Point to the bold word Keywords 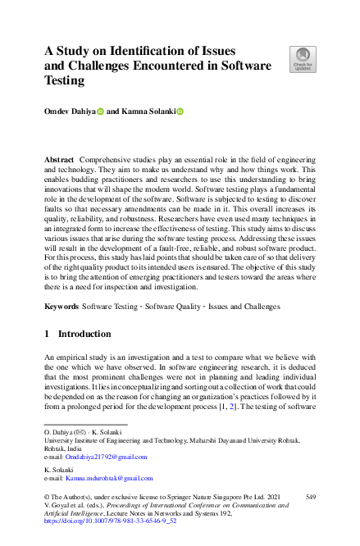[62, 306]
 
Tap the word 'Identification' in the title [157, 51]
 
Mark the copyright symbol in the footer [48, 497]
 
